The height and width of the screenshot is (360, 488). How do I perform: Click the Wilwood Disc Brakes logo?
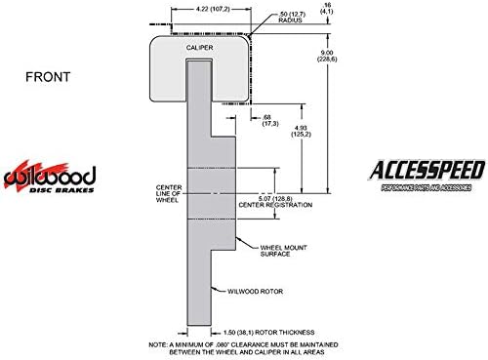(x=50, y=179)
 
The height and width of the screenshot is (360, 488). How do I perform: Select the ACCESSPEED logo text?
(x=427, y=171)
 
